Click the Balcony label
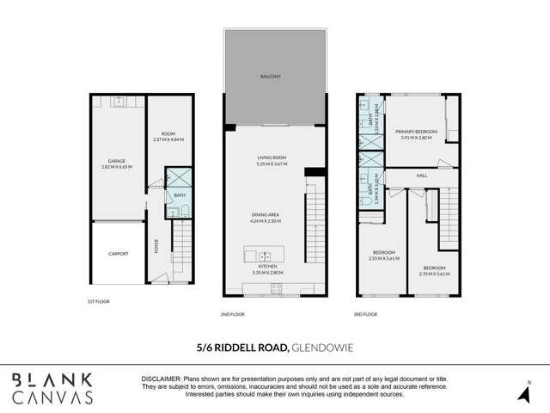(270, 77)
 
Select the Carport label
(119, 254)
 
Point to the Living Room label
(270, 157)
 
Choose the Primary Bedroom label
(419, 131)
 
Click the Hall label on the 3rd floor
(422, 176)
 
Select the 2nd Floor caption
(232, 314)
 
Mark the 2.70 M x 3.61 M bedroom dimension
(435, 274)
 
